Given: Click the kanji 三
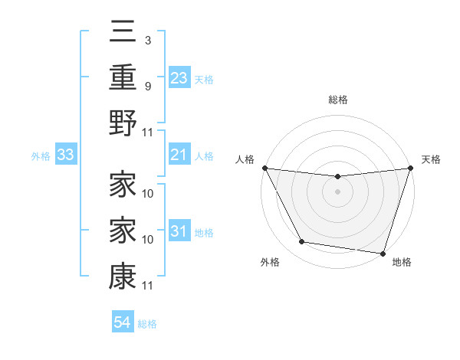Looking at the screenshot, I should point(123,34).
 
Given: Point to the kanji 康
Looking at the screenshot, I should point(123,277).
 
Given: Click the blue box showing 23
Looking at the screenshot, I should point(179,78).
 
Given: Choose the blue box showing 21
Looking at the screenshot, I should point(179,156).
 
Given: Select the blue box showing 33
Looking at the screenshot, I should point(66,156).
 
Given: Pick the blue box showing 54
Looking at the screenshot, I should point(123,322).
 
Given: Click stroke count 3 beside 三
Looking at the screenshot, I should point(147,39).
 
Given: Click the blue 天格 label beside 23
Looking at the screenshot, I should point(204,80).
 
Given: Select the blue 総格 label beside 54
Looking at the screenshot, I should point(147,323).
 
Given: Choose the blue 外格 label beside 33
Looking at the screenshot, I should point(41,156).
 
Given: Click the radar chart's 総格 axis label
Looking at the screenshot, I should point(337,100).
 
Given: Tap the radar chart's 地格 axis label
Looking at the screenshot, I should point(402,263).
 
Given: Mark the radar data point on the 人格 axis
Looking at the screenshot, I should point(265,168).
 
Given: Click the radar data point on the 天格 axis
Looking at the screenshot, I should point(410,169).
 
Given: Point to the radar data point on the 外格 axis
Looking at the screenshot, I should point(302,242).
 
